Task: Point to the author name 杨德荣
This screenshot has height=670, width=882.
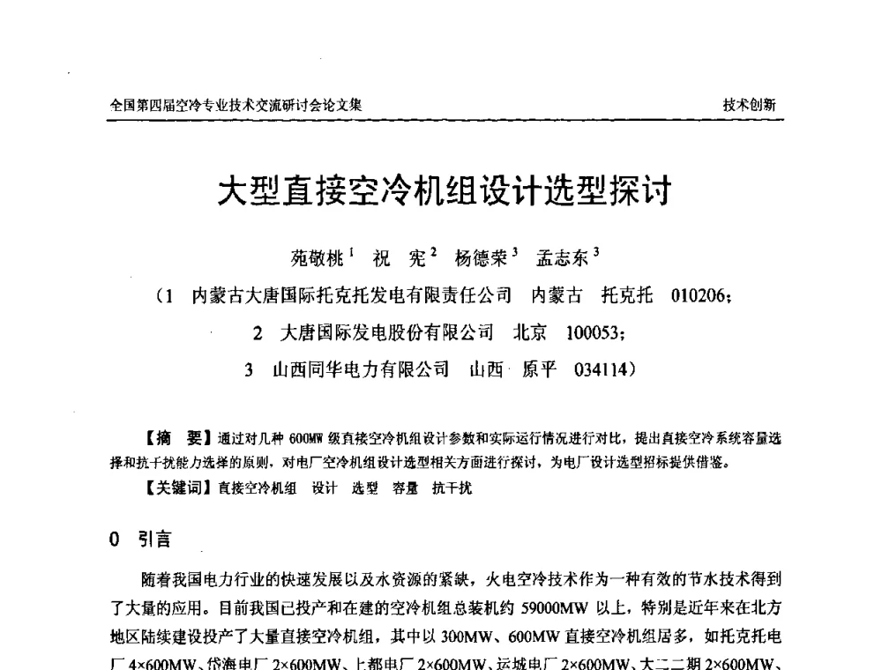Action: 481,259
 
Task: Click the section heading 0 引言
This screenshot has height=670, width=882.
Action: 140,540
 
